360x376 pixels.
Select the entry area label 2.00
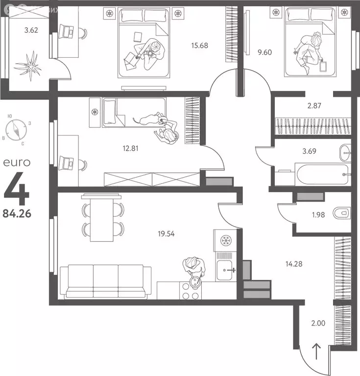[x=318, y=323]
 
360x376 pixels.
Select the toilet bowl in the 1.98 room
[x=341, y=213]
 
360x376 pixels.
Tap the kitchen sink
[x=226, y=268]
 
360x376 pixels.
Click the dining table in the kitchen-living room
[x=102, y=218]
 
